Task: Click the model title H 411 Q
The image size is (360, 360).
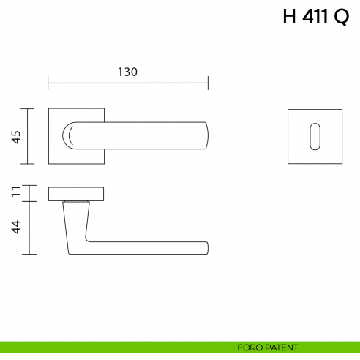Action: coord(315,18)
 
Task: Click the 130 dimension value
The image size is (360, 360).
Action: coord(127,72)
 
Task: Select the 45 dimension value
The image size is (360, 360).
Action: coord(15,136)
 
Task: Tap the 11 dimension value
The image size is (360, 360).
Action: coord(15,193)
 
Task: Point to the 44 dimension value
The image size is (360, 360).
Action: coord(15,228)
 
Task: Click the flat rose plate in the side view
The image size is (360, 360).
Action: coord(76,193)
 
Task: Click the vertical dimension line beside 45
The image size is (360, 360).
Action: coord(29,136)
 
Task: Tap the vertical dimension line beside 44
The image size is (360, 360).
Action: coord(29,228)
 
